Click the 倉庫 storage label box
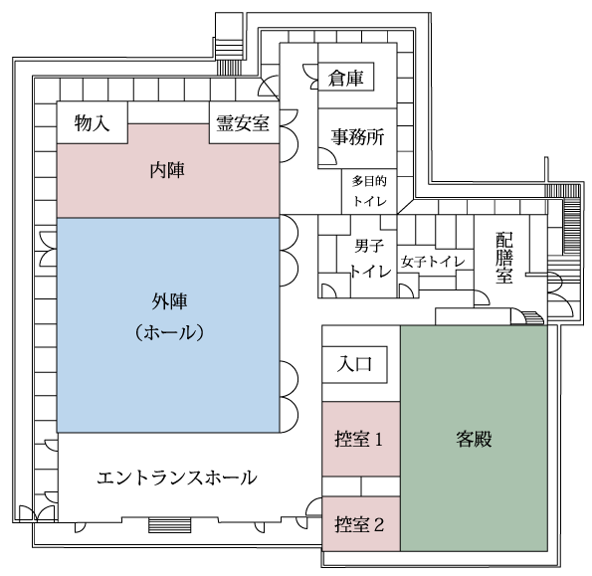346,77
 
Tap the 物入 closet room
93,122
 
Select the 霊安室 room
245,122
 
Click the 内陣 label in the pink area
167,170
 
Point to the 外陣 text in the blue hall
169,301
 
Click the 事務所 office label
357,136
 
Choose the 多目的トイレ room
369,191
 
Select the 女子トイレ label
433,262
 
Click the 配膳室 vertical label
504,258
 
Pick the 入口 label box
354,365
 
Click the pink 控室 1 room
361,439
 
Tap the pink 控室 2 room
361,524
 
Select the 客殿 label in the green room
474,439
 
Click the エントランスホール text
177,478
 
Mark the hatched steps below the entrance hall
169,525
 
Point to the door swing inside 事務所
327,156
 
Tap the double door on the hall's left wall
49,249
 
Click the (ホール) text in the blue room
169,333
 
